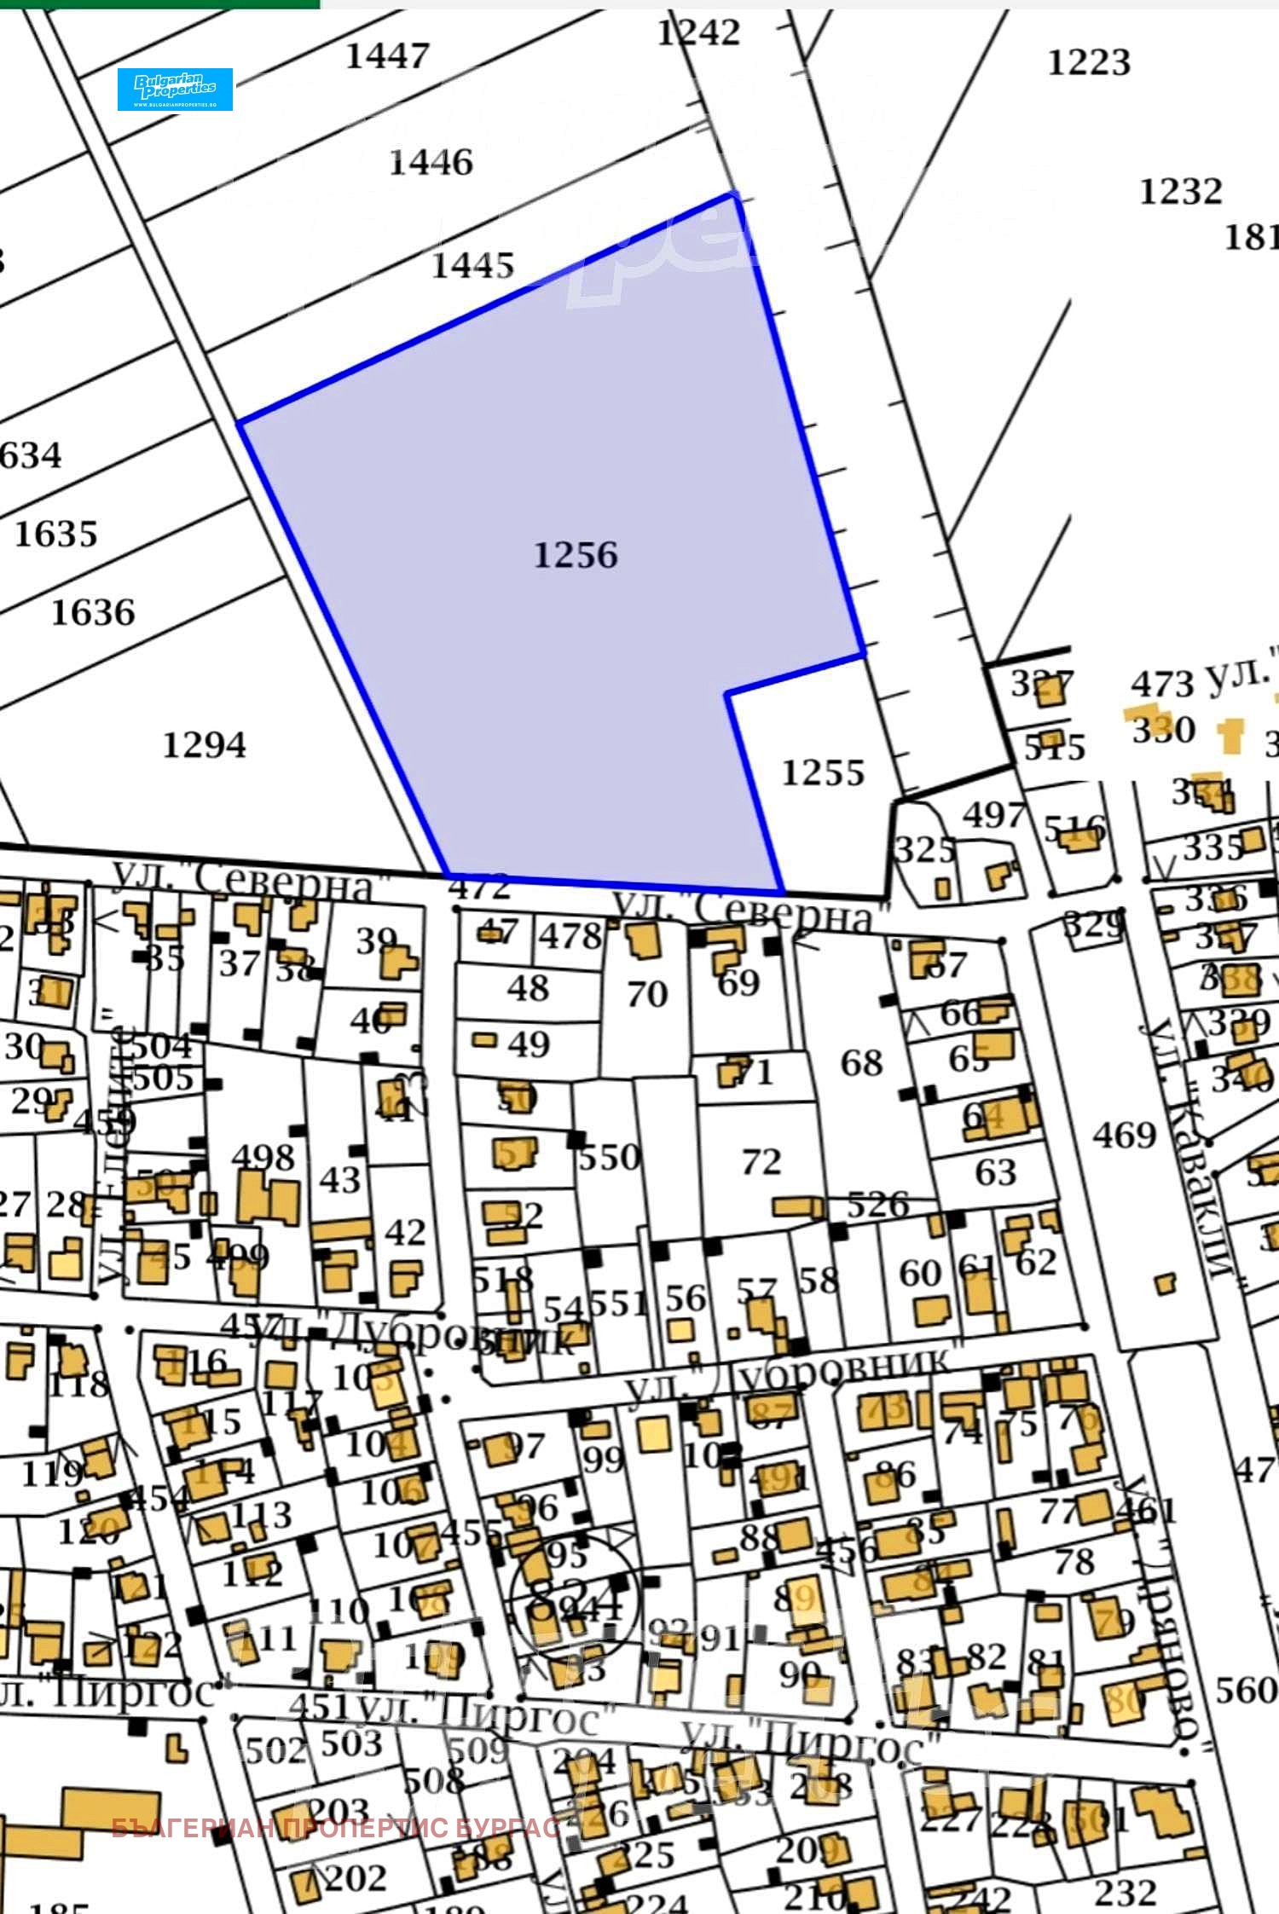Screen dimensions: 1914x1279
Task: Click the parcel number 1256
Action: click(x=576, y=555)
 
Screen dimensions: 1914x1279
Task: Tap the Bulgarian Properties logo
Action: click(x=175, y=89)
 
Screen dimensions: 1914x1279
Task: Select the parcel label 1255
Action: click(x=823, y=772)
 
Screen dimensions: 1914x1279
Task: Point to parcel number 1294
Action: click(x=204, y=745)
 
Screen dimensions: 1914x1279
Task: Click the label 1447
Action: click(x=387, y=56)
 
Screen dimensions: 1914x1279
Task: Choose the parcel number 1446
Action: click(x=431, y=162)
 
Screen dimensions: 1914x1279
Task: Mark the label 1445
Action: click(x=472, y=265)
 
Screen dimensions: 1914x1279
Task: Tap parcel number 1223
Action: click(x=1089, y=62)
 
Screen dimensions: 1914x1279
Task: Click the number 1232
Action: click(x=1181, y=191)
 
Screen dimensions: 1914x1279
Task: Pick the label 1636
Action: click(x=93, y=612)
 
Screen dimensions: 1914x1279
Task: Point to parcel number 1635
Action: click(x=56, y=534)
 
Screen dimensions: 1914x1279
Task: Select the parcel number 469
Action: click(x=1125, y=1135)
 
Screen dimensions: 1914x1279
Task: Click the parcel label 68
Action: click(x=861, y=1063)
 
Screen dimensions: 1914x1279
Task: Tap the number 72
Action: click(x=761, y=1161)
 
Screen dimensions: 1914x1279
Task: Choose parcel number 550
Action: click(x=610, y=1157)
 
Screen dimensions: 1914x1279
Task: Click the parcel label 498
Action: click(x=263, y=1157)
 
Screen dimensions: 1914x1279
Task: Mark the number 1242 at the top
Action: click(x=698, y=32)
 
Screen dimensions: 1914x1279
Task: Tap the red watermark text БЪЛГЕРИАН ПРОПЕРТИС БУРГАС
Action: click(x=336, y=1828)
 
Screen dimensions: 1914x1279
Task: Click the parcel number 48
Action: click(x=528, y=988)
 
